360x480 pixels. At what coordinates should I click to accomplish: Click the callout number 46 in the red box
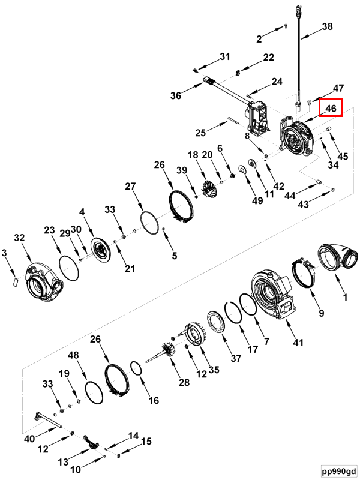pos(330,109)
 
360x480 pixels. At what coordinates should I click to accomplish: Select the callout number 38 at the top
pos(326,26)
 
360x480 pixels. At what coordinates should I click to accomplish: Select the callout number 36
pos(176,95)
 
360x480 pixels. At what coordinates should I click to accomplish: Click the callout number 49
pos(257,201)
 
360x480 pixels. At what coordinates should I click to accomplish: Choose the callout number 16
pos(154,400)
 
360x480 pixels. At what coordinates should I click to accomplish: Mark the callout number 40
pos(29,439)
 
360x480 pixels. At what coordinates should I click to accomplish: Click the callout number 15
pos(146,441)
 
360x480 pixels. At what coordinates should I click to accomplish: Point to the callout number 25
pos(201,131)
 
